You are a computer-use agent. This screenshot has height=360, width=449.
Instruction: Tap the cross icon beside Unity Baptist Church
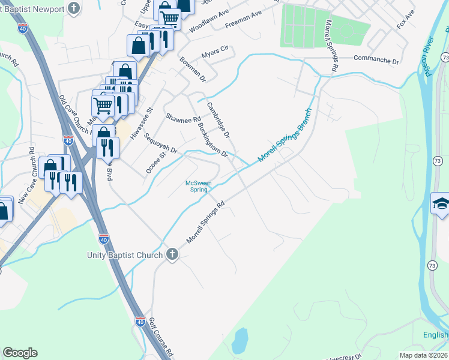(172, 254)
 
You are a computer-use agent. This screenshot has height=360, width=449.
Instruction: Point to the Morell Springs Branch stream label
(285, 136)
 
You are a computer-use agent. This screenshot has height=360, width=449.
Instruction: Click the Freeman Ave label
(244, 22)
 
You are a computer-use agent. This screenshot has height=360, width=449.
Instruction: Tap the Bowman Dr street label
(193, 70)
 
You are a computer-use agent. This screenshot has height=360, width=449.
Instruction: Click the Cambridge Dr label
(218, 120)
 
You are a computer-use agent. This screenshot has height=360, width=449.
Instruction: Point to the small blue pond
(240, 341)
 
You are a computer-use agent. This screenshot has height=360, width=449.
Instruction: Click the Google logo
(20, 353)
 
